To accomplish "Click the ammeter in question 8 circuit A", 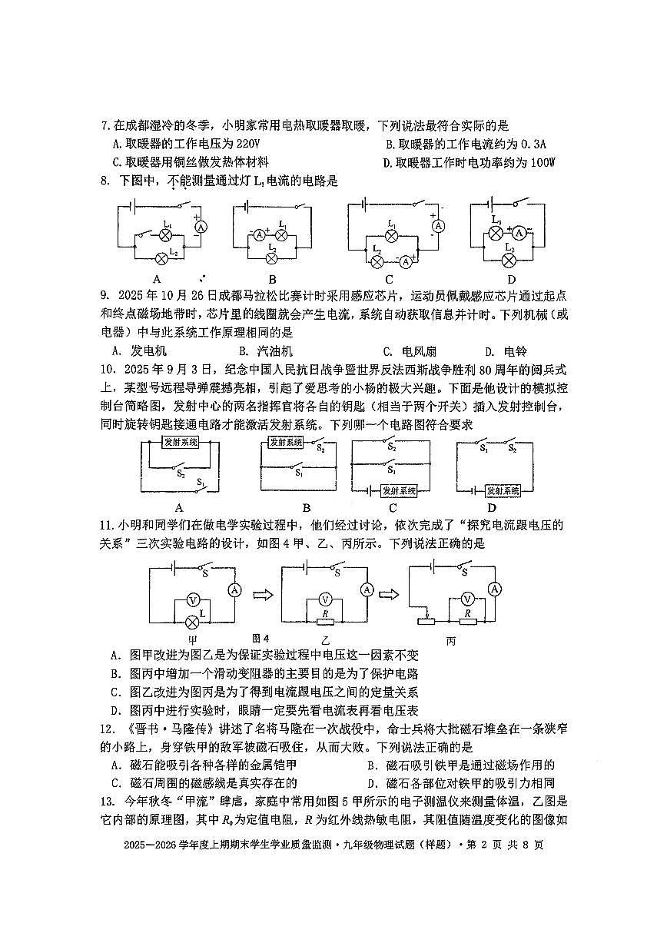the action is [x=201, y=227].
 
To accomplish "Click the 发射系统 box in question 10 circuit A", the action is [x=181, y=442].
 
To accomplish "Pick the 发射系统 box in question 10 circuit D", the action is [x=503, y=490].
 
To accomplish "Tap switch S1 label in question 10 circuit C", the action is [x=392, y=469].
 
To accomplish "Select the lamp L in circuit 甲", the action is [x=192, y=620].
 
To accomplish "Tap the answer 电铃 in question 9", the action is [x=516, y=351].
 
